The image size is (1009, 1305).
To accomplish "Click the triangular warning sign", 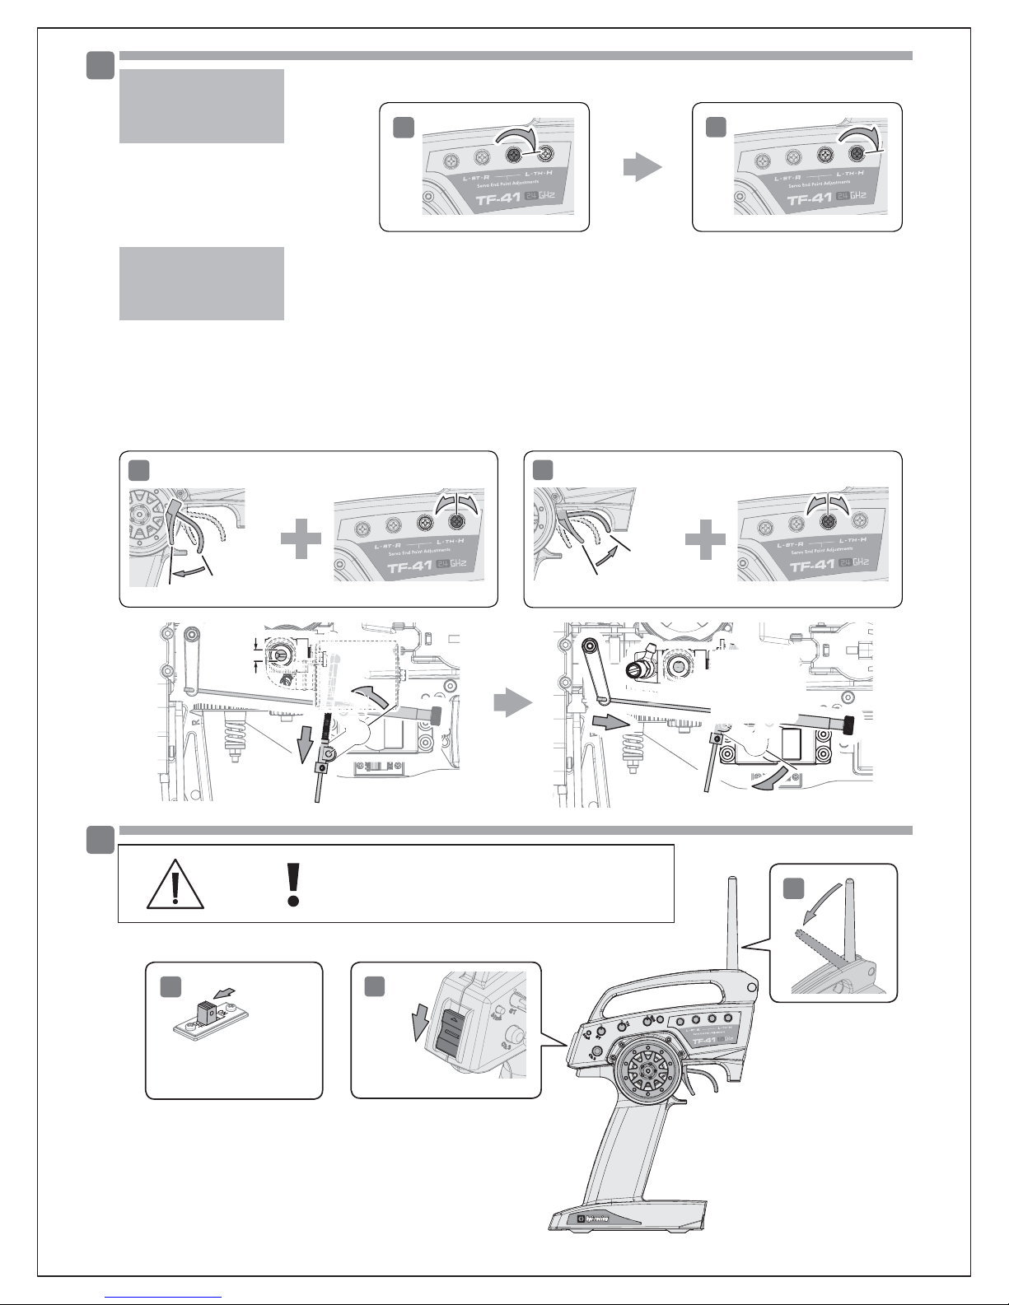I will [x=175, y=885].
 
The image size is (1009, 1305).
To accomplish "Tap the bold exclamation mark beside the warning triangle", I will [x=292, y=885].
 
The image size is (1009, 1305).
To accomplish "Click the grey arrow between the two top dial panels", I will [x=642, y=168].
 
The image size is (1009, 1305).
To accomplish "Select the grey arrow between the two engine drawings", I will [x=512, y=705].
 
